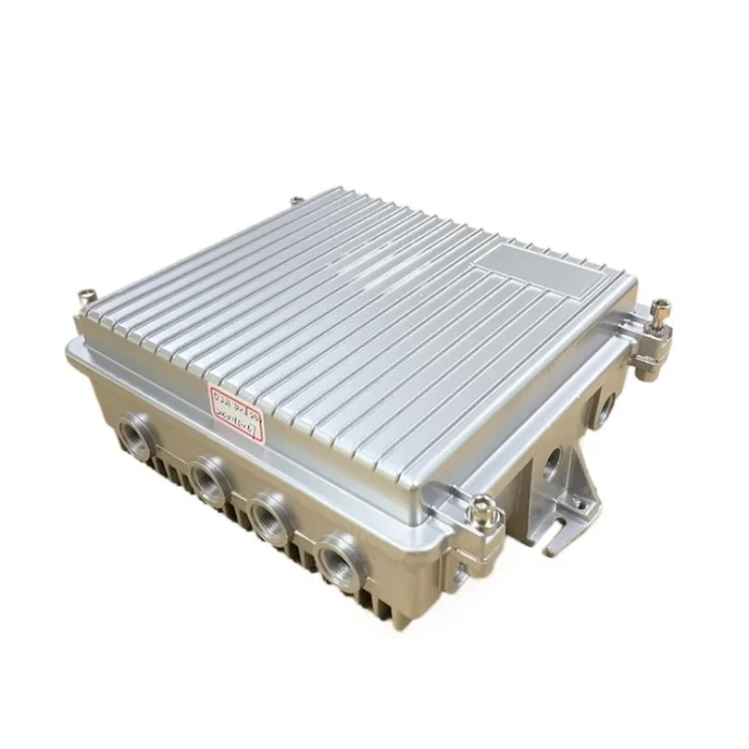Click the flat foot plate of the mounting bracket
pyautogui.click(x=552, y=529)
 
